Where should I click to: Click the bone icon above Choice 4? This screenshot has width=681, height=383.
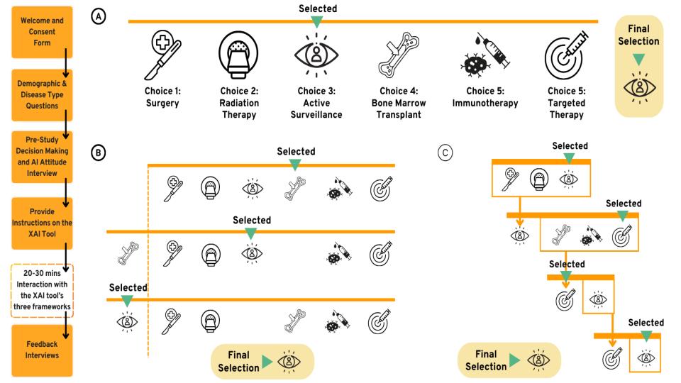coord(397,56)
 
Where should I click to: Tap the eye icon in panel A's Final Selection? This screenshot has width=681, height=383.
coord(638,85)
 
